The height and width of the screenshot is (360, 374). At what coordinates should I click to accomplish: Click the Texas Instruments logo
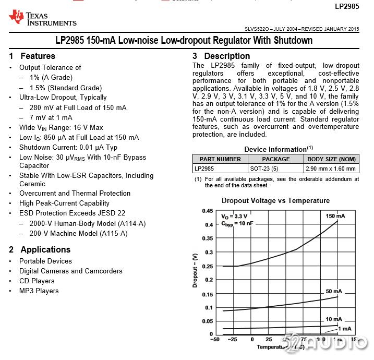pos(43,18)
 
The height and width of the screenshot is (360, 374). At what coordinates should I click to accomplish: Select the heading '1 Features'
pos(32,56)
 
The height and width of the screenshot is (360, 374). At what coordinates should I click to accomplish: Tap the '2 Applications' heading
pos(40,249)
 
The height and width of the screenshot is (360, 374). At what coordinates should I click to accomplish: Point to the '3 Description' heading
pos(221,56)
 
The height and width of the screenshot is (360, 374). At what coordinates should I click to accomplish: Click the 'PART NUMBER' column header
pos(220,159)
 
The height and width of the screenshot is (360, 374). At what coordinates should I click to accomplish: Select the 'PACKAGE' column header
pos(275,159)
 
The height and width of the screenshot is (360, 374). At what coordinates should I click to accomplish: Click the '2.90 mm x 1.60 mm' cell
pos(331,169)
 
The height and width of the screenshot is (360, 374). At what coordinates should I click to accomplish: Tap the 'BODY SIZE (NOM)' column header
pos(331,159)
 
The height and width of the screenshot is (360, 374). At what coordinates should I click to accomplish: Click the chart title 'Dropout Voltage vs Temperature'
pos(275,200)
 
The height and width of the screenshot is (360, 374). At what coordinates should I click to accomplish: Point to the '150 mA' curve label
pos(335,216)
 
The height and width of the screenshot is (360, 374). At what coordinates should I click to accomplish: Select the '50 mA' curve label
pos(334,291)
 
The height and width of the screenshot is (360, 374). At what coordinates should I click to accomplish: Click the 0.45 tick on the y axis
pos(207,211)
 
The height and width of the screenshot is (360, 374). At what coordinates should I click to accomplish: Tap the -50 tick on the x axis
pos(214,340)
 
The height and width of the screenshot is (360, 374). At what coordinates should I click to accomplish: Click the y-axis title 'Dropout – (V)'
pos(195,270)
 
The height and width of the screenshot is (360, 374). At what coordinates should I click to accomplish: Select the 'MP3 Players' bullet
pos(39,291)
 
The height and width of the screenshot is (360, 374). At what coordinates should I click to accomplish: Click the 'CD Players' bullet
pos(37,281)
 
